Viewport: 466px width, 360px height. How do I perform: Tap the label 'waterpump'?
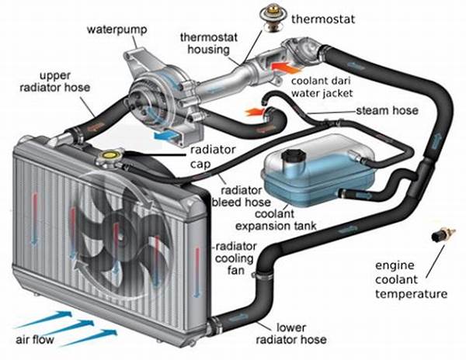[x=110, y=29]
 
